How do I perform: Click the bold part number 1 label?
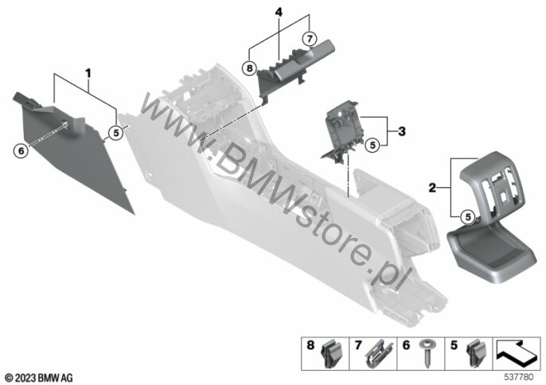(88, 73)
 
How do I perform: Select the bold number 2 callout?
(432, 189)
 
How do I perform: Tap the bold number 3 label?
(402, 131)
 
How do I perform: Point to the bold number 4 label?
(279, 13)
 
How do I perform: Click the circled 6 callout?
(21, 151)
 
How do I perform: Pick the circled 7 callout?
(310, 37)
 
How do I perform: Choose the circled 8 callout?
(249, 68)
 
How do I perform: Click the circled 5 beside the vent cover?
(468, 217)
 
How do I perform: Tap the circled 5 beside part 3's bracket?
(372, 145)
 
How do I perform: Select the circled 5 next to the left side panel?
(115, 133)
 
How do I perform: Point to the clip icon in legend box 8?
(328, 354)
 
